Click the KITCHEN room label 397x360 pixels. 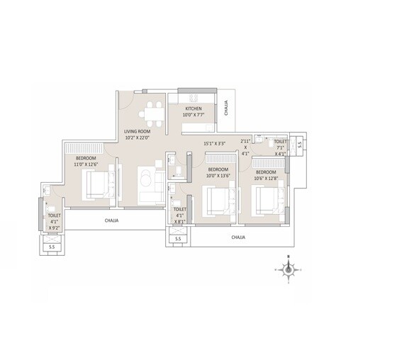[x=194, y=108]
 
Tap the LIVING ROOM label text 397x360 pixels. [x=137, y=131]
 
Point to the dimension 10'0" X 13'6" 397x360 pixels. [x=218, y=176]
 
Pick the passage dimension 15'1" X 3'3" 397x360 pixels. [x=215, y=143]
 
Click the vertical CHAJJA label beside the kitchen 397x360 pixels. [x=225, y=108]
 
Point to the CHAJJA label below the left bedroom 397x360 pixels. [x=111, y=220]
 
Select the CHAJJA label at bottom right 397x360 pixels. [x=237, y=237]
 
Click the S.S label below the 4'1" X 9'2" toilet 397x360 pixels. [x=51, y=247]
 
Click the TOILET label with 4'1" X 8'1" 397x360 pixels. [x=179, y=210]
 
